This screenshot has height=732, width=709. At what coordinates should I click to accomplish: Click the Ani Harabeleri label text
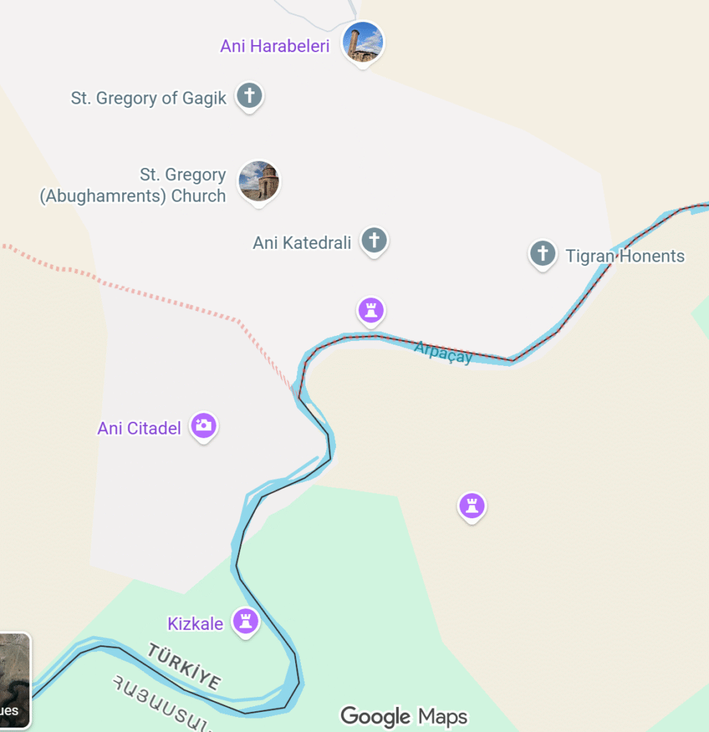pyautogui.click(x=274, y=46)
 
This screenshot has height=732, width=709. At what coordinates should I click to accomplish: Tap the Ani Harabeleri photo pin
pyautogui.click(x=363, y=41)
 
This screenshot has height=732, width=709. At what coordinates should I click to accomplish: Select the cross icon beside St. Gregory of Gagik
pyautogui.click(x=249, y=95)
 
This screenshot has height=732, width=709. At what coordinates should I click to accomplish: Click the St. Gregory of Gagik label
pyautogui.click(x=148, y=98)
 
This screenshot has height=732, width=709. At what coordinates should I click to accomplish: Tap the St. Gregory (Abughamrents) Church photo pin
pyautogui.click(x=259, y=180)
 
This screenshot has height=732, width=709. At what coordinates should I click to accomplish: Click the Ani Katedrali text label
pyautogui.click(x=302, y=243)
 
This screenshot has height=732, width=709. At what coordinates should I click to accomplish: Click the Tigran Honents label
pyautogui.click(x=625, y=256)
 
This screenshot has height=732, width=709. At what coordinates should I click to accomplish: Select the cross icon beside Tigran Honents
pyautogui.click(x=542, y=253)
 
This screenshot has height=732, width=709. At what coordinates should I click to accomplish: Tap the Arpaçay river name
pyautogui.click(x=443, y=352)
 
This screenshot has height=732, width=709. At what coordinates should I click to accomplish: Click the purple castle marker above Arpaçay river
pyautogui.click(x=371, y=310)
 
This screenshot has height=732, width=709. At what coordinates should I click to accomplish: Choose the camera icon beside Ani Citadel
pyautogui.click(x=204, y=425)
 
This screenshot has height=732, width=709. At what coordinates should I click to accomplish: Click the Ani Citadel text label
pyautogui.click(x=139, y=429)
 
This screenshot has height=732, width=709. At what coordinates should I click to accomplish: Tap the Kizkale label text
pyautogui.click(x=195, y=624)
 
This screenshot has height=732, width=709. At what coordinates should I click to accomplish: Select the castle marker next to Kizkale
pyautogui.click(x=246, y=621)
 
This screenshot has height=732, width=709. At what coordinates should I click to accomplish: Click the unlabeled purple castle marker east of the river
pyautogui.click(x=471, y=506)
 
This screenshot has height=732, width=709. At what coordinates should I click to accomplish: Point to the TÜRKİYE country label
pyautogui.click(x=184, y=666)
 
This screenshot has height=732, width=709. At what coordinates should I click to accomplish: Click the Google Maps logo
pyautogui.click(x=404, y=716)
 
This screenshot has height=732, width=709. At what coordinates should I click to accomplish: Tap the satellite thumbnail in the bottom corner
pyautogui.click(x=15, y=680)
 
